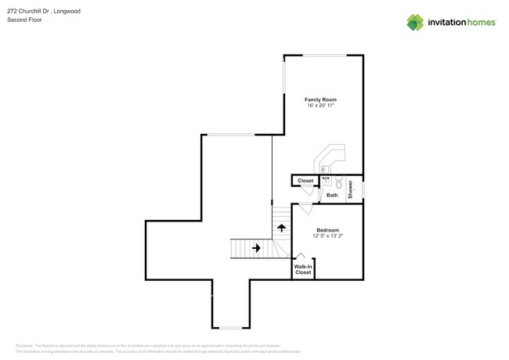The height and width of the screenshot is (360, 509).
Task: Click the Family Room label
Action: tap(320, 99)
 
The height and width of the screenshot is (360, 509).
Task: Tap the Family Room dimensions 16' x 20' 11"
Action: tap(320, 106)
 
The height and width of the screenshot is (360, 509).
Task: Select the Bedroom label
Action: tap(327, 230)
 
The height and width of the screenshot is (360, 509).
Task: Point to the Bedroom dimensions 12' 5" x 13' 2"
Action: tap(327, 236)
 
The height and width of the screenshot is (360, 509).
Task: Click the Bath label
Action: tap(332, 195)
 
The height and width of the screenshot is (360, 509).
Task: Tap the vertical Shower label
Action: tap(351, 189)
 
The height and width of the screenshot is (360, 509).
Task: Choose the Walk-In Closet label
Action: tap(303, 270)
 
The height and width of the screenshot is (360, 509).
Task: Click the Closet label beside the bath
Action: tap(305, 181)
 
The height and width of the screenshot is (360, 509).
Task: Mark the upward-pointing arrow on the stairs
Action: tap(281, 228)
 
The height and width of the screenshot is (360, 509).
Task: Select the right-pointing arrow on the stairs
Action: tap(255, 248)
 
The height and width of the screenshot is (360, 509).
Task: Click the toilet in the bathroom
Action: tap(339, 182)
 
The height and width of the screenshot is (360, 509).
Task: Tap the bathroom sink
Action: tap(326, 179)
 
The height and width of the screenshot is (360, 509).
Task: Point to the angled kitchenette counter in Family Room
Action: tap(330, 157)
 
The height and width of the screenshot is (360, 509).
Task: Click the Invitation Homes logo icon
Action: tap(415, 23)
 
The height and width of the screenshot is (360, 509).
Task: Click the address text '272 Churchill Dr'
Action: tap(29, 12)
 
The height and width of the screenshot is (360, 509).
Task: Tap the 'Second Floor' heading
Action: tap(24, 20)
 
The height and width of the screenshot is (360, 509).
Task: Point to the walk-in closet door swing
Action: tap(299, 257)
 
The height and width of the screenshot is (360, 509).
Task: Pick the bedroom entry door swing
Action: tap(305, 208)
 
